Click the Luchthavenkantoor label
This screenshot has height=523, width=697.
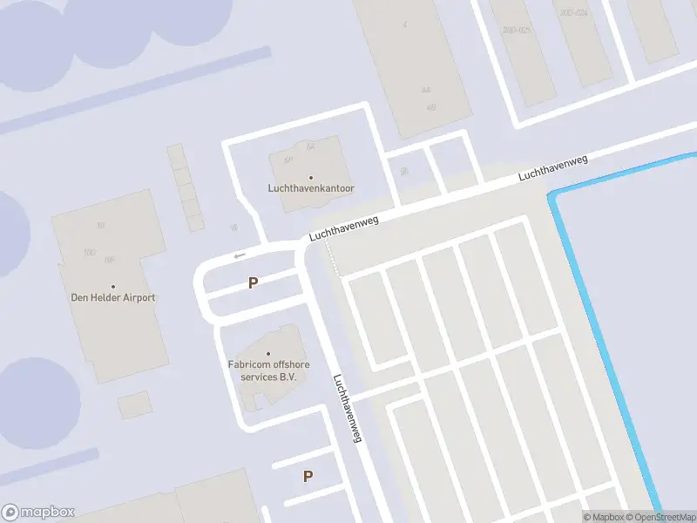(x=310, y=188)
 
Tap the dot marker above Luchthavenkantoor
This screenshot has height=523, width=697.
(x=310, y=178)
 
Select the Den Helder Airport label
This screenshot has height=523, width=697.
(x=112, y=297)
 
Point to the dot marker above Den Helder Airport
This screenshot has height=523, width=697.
(x=112, y=286)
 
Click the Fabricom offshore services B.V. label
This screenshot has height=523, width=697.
(x=268, y=370)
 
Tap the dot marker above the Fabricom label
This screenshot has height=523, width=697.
(x=268, y=353)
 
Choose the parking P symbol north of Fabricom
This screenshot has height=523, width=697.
(x=253, y=283)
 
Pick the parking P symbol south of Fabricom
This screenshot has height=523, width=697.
(x=308, y=476)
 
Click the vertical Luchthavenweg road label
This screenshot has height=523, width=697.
(x=347, y=409)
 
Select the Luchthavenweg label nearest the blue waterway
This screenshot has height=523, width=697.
(x=553, y=168)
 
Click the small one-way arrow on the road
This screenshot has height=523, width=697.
(x=240, y=255)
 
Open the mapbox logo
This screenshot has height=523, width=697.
(x=38, y=513)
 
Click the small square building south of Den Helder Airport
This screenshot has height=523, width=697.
(x=134, y=404)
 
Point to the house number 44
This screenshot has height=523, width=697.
(x=425, y=90)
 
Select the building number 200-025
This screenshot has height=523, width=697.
(x=516, y=31)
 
